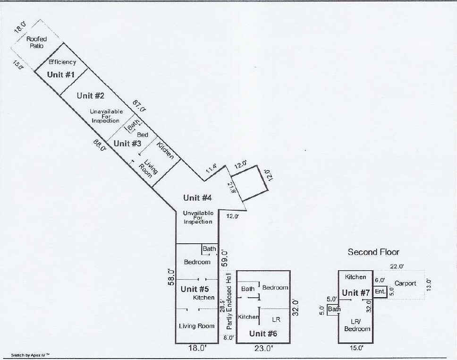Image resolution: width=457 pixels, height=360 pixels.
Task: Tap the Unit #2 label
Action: point(91,96)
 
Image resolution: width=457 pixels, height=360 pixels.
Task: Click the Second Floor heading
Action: point(373,252)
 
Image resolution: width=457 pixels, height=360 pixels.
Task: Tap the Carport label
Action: point(406,283)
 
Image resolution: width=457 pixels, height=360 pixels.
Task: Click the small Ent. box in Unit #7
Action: point(380,292)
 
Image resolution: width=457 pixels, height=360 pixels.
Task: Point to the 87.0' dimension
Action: point(139,105)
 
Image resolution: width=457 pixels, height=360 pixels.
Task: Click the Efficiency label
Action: point(63,62)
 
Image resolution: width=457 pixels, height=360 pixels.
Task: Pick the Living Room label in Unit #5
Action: point(196,326)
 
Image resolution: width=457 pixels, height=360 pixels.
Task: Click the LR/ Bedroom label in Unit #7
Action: point(357,325)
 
